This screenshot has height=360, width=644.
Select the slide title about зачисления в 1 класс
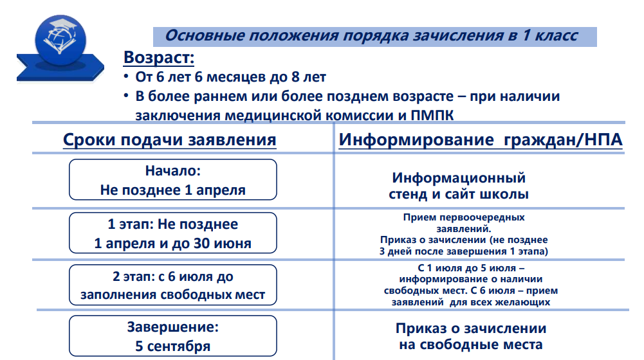coord(371,36)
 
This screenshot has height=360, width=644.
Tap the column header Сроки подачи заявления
coord(169,139)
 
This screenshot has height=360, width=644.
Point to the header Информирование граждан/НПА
coord(481,139)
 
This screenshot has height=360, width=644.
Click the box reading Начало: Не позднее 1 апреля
coord(173,180)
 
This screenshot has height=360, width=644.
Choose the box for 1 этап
coord(173,233)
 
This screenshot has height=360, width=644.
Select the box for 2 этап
coord(173,285)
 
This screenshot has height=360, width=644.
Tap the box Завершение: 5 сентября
coord(173,336)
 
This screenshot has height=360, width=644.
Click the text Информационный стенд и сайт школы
coord(459,186)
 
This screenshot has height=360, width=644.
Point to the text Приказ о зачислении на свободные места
coord(471,336)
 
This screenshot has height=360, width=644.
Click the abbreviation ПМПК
coord(432,115)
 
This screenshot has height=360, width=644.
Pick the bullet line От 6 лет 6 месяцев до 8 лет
coord(231,76)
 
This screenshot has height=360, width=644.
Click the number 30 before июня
coord(201,244)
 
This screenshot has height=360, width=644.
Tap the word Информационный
coord(459,177)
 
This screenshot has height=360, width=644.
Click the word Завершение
coord(173,327)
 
